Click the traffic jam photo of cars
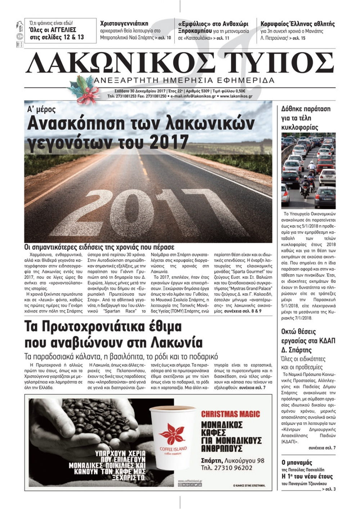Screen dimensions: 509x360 click(x=308, y=171)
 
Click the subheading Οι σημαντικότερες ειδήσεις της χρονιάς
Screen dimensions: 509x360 click(x=99, y=247)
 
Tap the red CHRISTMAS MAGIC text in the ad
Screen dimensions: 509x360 click(x=230, y=414)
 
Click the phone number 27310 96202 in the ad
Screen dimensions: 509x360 click(x=232, y=468)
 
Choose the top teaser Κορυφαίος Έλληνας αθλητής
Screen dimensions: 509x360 click(x=297, y=24)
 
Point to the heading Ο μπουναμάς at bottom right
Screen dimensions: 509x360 click(x=297, y=463)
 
